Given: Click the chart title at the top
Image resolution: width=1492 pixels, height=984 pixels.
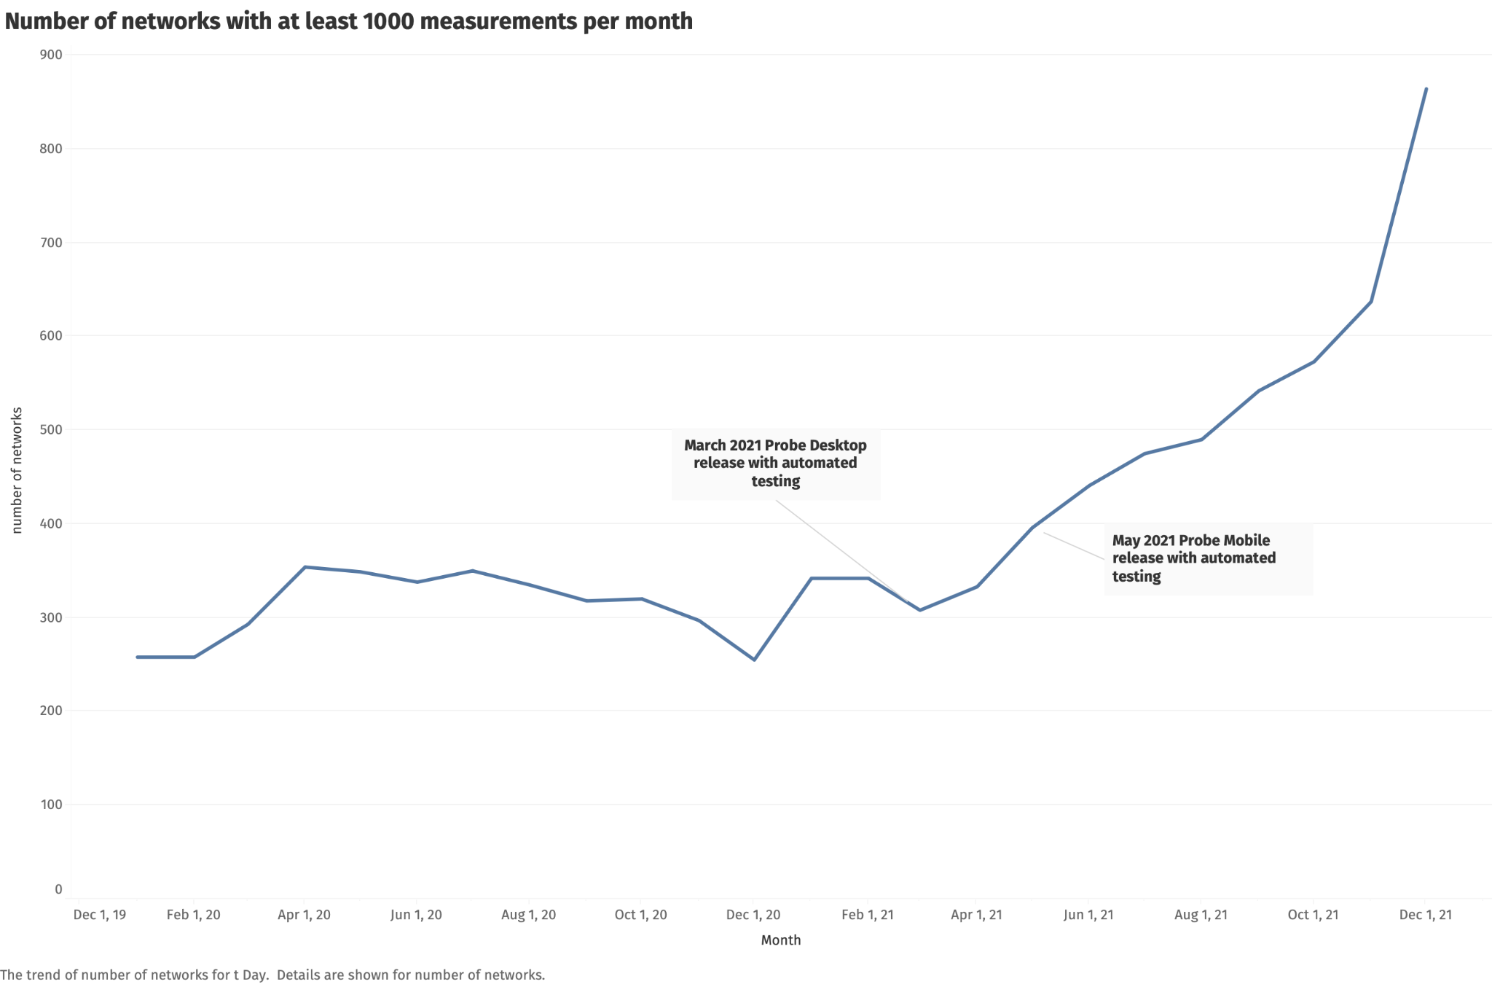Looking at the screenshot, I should [348, 21].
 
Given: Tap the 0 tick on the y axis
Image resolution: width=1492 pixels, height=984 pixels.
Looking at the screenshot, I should [58, 889].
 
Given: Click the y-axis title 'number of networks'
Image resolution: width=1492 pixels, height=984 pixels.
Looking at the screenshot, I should [17, 470].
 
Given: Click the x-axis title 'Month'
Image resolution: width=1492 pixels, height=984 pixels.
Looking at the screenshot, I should [780, 940].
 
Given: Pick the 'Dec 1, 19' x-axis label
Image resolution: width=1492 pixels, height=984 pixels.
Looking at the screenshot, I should [100, 915].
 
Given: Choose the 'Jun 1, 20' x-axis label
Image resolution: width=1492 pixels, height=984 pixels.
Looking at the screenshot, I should [416, 915].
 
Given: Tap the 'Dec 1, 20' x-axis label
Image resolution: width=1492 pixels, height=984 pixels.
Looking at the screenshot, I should [753, 915].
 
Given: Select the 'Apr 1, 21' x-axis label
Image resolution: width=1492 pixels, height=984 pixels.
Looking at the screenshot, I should [976, 915].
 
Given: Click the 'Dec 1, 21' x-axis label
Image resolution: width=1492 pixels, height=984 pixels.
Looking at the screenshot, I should [1425, 915].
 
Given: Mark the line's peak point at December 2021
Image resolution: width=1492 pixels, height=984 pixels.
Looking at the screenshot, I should [1426, 89].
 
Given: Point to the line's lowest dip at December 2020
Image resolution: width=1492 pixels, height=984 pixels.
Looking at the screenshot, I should [754, 660].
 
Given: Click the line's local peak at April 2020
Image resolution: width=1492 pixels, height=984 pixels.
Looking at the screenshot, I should [305, 567].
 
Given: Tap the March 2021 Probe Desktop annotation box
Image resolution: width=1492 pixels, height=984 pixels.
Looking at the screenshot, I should [775, 464].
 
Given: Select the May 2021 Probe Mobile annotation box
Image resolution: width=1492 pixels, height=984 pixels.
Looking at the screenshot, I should [1208, 558].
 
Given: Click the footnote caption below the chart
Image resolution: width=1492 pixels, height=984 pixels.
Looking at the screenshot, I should [272, 975].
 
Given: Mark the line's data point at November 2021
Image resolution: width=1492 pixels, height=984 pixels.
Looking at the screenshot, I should [1371, 302].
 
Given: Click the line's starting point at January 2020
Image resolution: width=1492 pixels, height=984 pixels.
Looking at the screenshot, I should [137, 657].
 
